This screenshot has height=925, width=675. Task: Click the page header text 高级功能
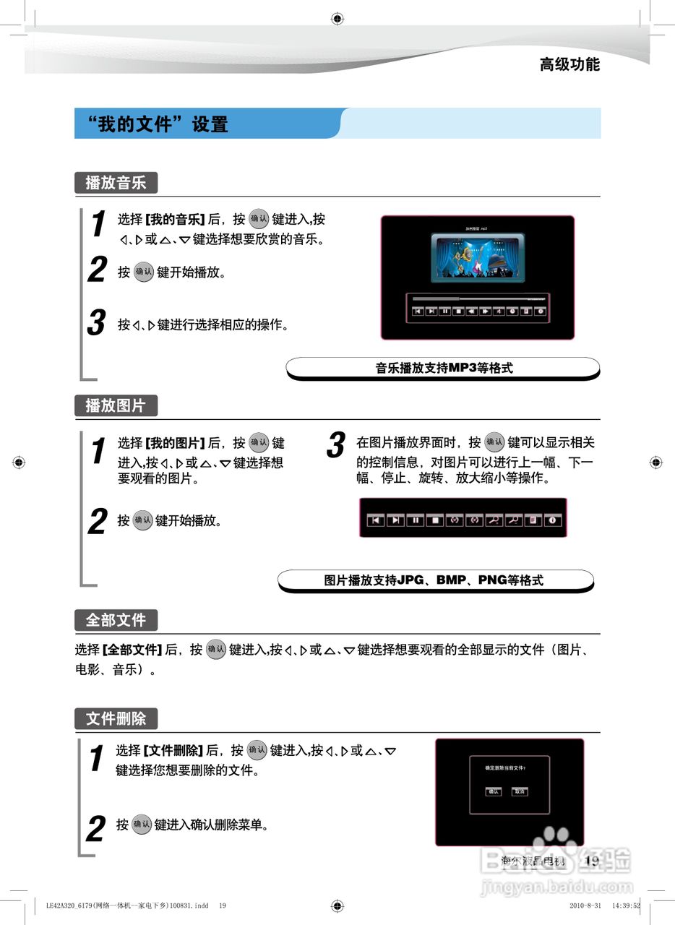coord(569,64)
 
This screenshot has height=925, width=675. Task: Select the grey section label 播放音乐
coord(116,183)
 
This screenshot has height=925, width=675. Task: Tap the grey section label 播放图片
coord(116,405)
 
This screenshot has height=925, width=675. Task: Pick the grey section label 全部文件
coord(116,620)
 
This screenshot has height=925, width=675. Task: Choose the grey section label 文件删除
coord(116,718)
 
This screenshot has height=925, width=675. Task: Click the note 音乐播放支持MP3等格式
coord(443,368)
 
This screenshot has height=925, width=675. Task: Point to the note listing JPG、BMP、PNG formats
coord(434,580)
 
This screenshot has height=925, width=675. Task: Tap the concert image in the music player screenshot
coord(478,258)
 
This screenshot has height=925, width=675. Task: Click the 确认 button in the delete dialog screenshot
coord(494,791)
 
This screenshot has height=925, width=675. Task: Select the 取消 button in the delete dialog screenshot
coord(520,791)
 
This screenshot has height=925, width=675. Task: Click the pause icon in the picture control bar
coord(415,520)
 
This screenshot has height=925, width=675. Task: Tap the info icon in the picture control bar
coord(554,520)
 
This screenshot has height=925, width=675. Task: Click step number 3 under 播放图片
coord(335,445)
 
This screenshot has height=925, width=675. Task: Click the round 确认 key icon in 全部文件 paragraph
coord(216,649)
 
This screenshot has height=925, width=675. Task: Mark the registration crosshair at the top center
coord(337,19)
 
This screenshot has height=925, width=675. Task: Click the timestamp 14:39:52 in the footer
coord(626,905)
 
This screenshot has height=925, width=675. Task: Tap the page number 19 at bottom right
coord(592,861)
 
